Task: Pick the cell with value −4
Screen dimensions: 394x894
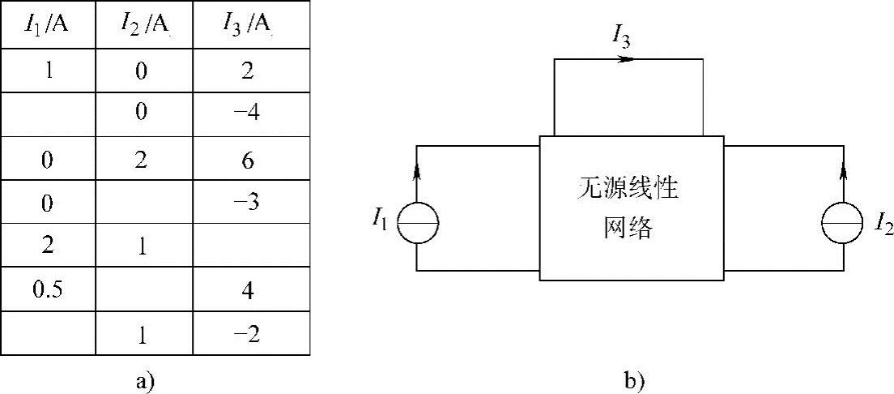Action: coord(248,112)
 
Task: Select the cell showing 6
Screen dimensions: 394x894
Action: coord(248,161)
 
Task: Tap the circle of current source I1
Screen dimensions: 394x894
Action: coord(417,221)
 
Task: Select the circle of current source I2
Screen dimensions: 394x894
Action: coord(843,221)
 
